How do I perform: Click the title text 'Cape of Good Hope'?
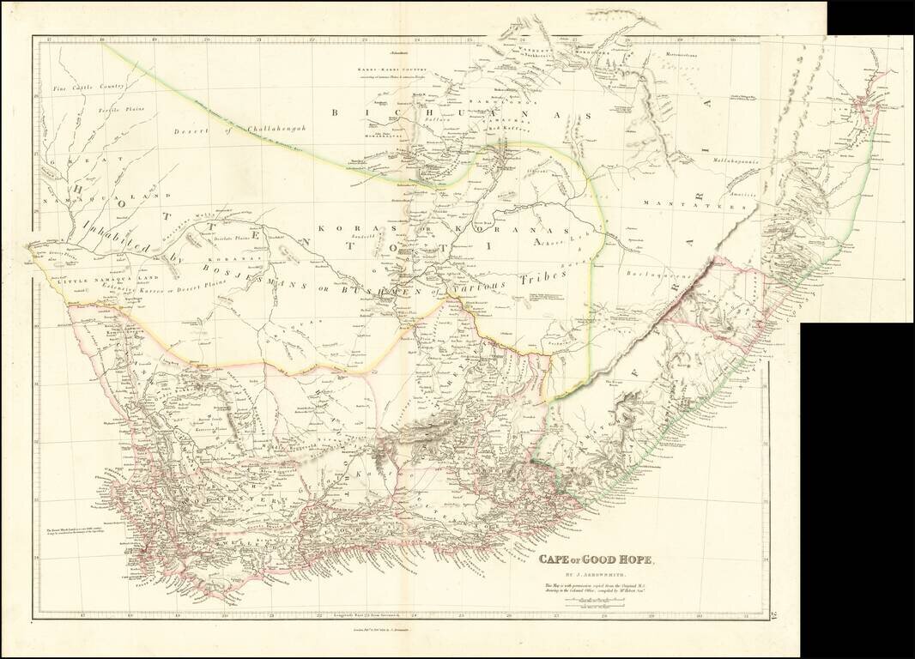click(597, 561)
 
